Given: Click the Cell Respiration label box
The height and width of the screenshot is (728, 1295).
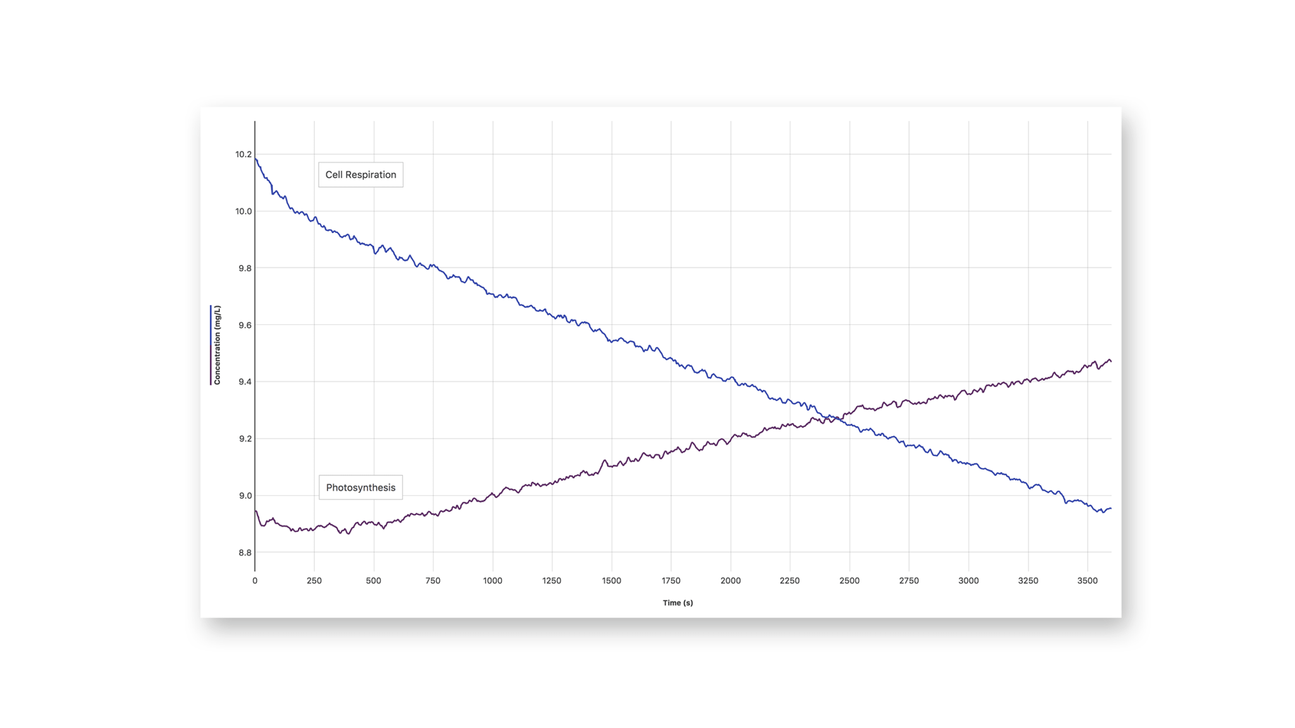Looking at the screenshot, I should point(360,174).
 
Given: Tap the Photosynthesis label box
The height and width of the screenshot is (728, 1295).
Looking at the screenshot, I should point(360,487).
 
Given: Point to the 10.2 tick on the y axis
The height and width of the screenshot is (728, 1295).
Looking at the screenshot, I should point(243,154).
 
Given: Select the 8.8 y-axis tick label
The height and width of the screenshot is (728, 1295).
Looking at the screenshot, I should point(245,552).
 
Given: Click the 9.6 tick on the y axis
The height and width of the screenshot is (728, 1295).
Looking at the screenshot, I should point(245,325).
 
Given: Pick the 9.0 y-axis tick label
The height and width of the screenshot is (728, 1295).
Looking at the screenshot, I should point(245,495).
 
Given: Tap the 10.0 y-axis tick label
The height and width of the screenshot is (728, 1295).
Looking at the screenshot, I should point(243,211).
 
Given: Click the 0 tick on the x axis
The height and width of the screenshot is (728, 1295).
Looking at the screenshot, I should point(255,580).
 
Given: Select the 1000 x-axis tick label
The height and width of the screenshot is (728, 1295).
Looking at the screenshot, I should point(493,580).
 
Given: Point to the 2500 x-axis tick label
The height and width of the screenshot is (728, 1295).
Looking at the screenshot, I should point(849,580).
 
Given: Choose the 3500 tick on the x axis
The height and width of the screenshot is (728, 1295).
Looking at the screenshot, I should point(1087,580).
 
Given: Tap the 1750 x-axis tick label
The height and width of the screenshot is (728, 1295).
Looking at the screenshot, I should point(671,580).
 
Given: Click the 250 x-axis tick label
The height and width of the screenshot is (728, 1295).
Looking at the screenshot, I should point(314,580).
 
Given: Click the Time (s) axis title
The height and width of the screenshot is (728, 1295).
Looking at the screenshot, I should point(677,603).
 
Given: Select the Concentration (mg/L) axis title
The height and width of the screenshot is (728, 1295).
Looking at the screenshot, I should point(217,345).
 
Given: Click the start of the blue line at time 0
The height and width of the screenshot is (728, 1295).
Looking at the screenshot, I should point(255,158).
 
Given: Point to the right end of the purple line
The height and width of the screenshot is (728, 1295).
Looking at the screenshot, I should point(1110,361).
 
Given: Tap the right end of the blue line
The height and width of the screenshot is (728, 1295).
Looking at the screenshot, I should point(1110,509).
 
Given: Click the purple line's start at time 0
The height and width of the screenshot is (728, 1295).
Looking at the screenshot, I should point(255,511).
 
